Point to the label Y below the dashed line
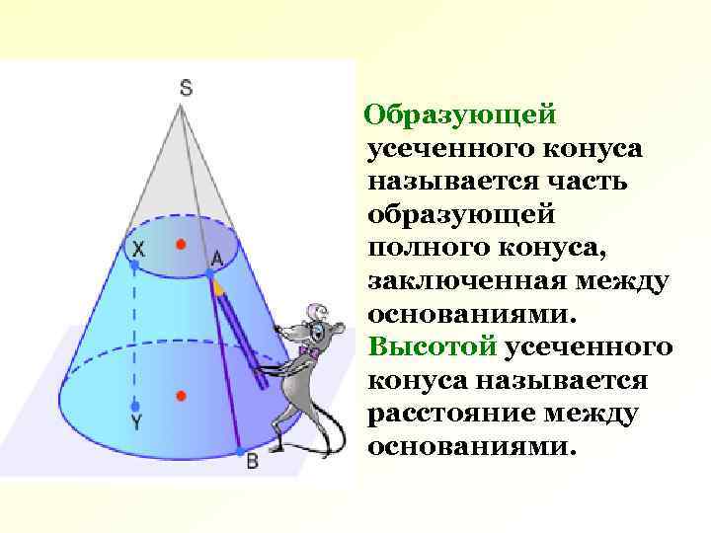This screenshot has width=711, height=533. point(137,422)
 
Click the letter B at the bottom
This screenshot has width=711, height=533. point(252,461)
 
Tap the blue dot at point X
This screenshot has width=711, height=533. point(134,266)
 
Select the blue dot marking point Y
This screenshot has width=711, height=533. point(136,406)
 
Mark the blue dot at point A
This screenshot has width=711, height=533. point(210,270)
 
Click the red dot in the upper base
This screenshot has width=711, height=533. point(179,243)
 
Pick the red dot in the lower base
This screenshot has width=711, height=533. point(181,396)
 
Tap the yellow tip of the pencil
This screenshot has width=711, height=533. point(218,288)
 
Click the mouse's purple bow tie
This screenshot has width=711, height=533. point(307,351)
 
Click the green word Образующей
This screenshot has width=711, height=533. point(461,115)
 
